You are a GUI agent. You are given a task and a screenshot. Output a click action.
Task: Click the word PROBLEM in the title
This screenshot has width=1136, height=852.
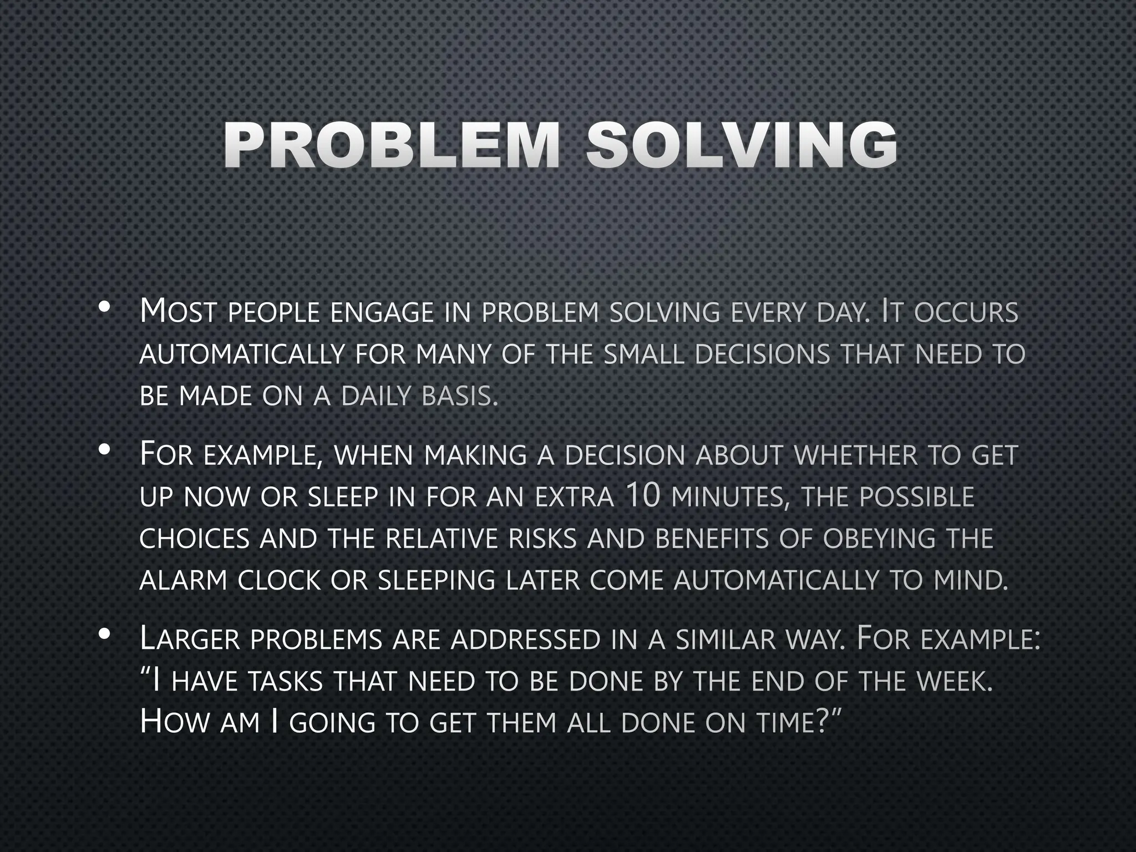[391, 145]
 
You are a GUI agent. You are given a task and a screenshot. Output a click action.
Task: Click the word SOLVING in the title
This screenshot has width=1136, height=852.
[742, 145]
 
